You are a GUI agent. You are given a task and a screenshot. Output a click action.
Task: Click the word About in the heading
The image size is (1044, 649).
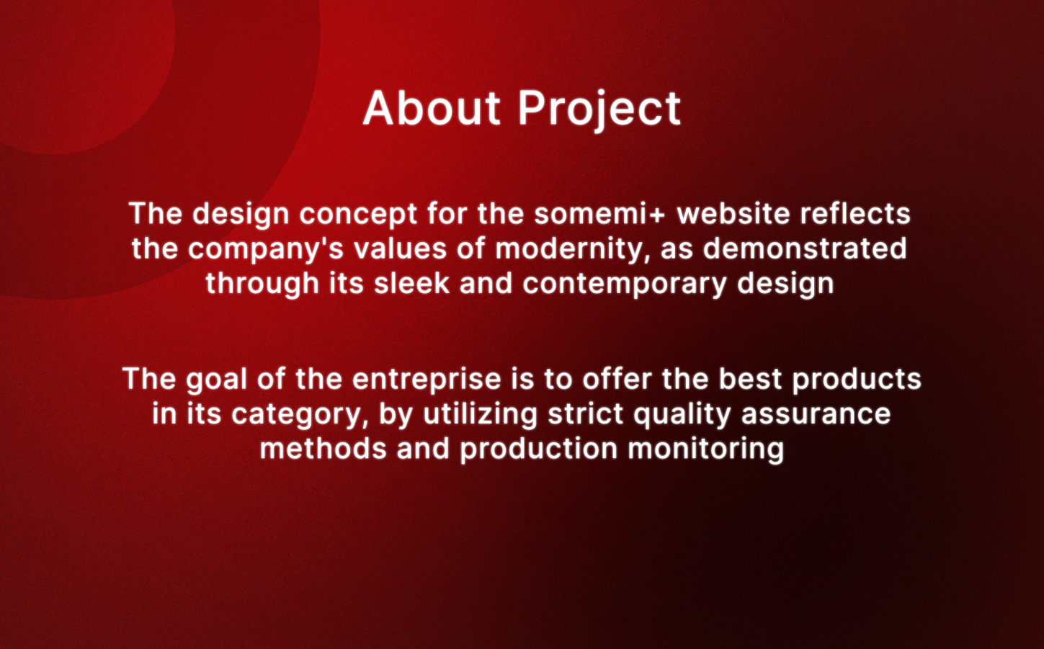pyautogui.click(x=432, y=108)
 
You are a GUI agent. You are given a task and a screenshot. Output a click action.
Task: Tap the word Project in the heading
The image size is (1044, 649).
pyautogui.click(x=599, y=111)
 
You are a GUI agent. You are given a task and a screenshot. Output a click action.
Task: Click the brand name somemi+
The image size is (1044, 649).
pyautogui.click(x=599, y=214)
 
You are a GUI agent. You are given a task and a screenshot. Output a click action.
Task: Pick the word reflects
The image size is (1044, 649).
pyautogui.click(x=855, y=213)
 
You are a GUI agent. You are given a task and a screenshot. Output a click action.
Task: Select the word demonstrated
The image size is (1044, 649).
pyautogui.click(x=805, y=248)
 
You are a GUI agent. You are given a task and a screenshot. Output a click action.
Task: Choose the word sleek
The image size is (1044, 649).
pyautogui.click(x=411, y=283)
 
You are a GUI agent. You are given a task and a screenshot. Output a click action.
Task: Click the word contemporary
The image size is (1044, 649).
pyautogui.click(x=624, y=285)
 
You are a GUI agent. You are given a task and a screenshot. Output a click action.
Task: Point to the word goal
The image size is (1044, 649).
pyautogui.click(x=217, y=379)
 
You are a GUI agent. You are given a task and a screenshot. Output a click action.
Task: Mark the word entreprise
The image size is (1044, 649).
pyautogui.click(x=427, y=379)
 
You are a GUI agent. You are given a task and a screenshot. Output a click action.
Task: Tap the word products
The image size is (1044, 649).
pyautogui.click(x=857, y=379)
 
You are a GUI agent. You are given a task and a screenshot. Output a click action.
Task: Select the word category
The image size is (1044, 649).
pyautogui.click(x=300, y=415)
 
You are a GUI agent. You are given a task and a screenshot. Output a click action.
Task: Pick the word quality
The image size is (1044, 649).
pyautogui.click(x=682, y=414)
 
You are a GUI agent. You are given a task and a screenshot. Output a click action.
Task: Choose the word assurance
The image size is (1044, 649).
pyautogui.click(x=816, y=414)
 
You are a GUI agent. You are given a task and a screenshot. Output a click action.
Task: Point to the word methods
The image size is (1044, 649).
pyautogui.click(x=323, y=449)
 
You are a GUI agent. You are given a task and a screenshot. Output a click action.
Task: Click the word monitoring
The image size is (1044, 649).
pyautogui.click(x=705, y=449)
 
